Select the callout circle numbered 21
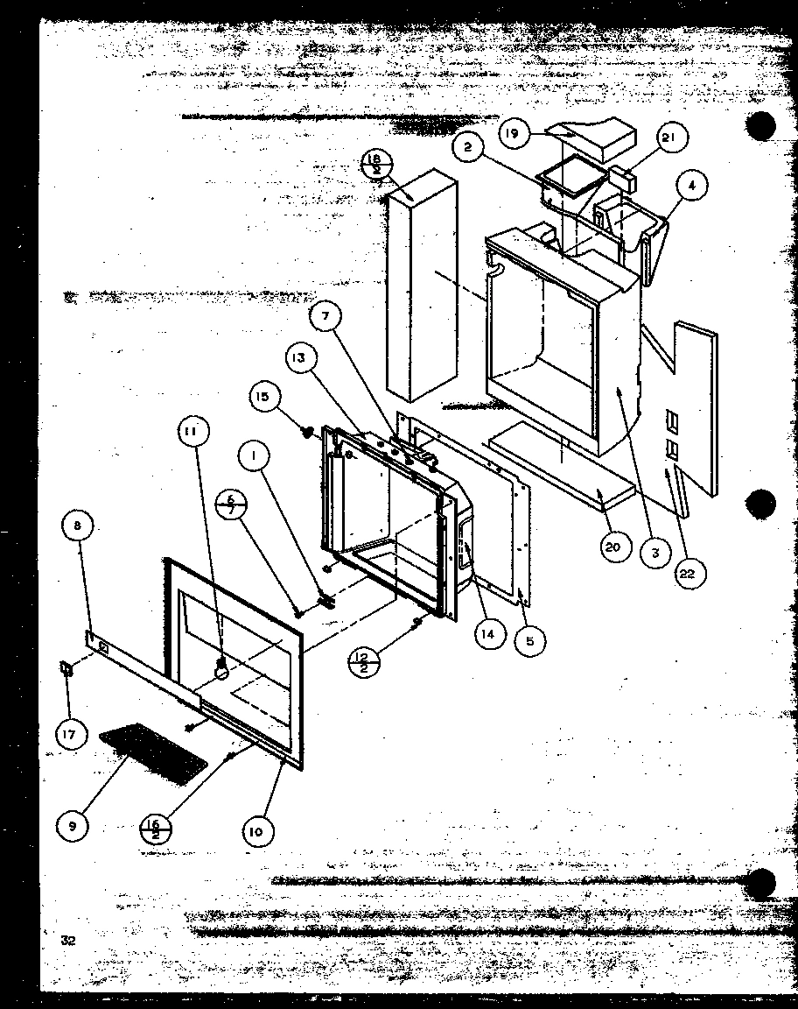[x=670, y=138]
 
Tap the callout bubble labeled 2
[x=469, y=147]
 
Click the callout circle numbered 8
[x=77, y=527]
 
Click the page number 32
[x=68, y=940]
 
